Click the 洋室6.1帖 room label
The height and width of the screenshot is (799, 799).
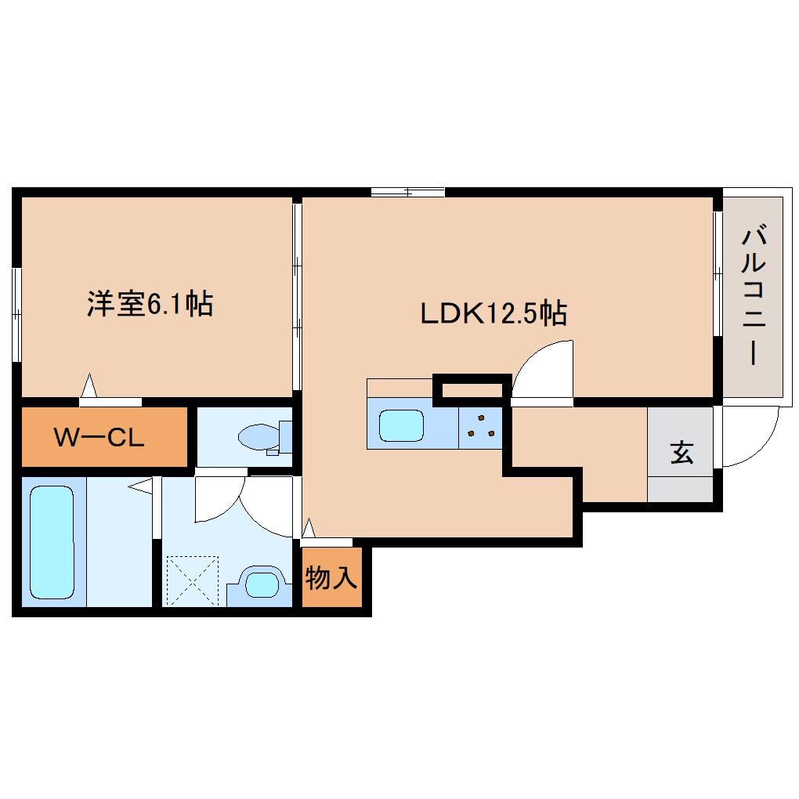click(149, 304)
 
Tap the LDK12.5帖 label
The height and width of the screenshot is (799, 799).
click(493, 314)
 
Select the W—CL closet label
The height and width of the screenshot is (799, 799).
click(99, 437)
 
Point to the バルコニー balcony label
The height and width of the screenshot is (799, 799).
click(754, 295)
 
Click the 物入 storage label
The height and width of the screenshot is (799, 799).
click(331, 579)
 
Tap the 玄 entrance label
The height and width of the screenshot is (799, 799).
click(681, 454)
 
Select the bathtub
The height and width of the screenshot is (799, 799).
click(52, 541)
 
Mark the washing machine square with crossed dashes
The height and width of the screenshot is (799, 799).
click(193, 580)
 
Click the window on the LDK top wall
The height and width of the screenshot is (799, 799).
click(407, 191)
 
